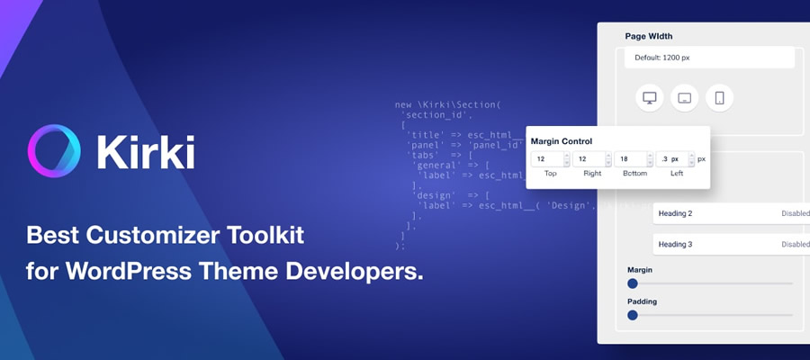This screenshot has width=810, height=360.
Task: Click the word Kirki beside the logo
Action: [x=145, y=150]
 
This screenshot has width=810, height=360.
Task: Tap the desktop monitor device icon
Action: [x=649, y=98]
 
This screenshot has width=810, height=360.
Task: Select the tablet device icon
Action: [x=684, y=98]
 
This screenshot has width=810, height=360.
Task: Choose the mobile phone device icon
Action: [x=719, y=98]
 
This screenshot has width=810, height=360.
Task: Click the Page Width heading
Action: [x=649, y=37]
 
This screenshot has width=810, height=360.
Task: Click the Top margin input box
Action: [x=546, y=159]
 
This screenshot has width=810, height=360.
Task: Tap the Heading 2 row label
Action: [x=675, y=213]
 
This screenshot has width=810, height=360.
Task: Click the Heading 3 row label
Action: [x=675, y=244]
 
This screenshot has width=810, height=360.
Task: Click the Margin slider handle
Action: [x=633, y=283]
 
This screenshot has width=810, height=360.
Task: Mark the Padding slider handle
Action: [x=633, y=315]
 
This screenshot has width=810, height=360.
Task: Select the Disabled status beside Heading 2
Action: [x=795, y=213]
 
